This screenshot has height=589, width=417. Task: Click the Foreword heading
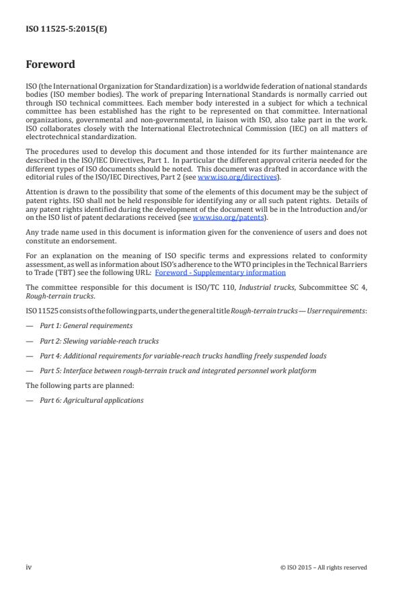pos(50,65)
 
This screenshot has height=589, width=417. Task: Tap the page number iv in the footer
pos(29,567)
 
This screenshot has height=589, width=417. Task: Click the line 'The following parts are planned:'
pos(72,385)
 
